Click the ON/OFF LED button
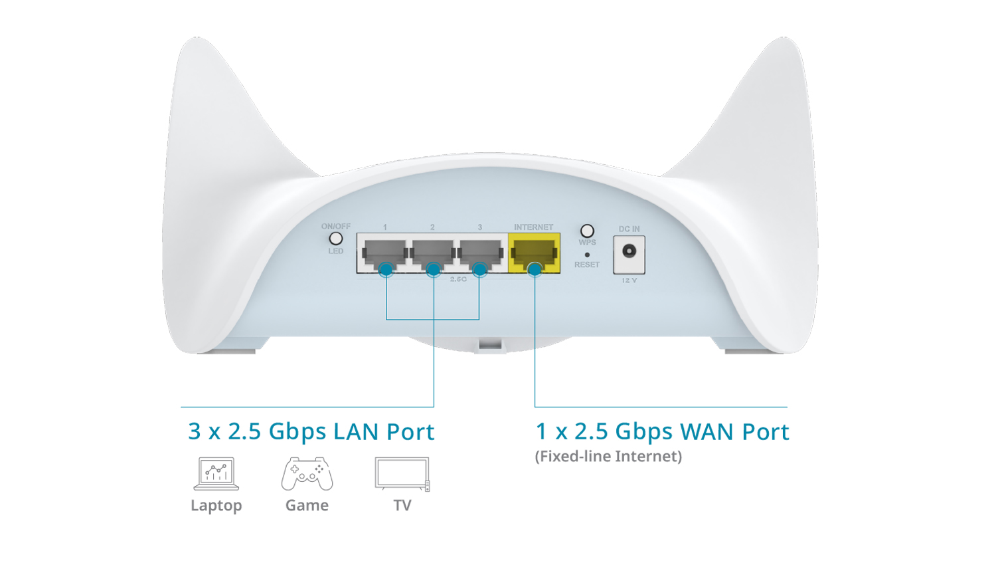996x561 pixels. point(336,239)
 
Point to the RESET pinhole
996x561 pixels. point(587,255)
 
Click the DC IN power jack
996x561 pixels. point(629,251)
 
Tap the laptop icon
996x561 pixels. point(216,473)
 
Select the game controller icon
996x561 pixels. point(307,473)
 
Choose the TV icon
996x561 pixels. point(402,473)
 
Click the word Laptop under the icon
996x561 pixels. point(216,506)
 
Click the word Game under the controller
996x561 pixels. point(307,506)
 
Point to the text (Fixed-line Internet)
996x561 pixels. point(608,457)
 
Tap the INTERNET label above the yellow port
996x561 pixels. point(533,227)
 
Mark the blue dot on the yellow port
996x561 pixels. point(535,269)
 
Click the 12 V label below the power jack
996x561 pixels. point(629,280)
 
